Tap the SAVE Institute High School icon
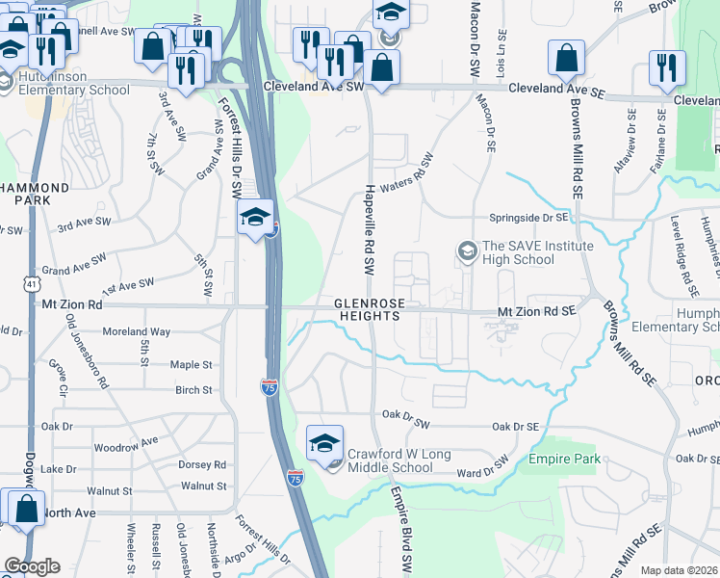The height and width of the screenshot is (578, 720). [x=467, y=252]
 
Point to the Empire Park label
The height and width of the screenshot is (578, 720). [x=564, y=459]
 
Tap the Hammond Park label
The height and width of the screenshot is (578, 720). [x=35, y=194]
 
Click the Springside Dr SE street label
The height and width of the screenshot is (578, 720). [x=531, y=218]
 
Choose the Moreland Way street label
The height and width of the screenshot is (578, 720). [x=137, y=331]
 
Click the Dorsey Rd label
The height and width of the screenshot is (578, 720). [x=202, y=464]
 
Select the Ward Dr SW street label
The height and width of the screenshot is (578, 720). [x=481, y=467]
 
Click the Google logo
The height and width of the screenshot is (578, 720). [x=32, y=566]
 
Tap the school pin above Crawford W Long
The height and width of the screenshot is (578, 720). [x=325, y=444]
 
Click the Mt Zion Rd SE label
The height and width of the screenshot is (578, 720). [x=536, y=311]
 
